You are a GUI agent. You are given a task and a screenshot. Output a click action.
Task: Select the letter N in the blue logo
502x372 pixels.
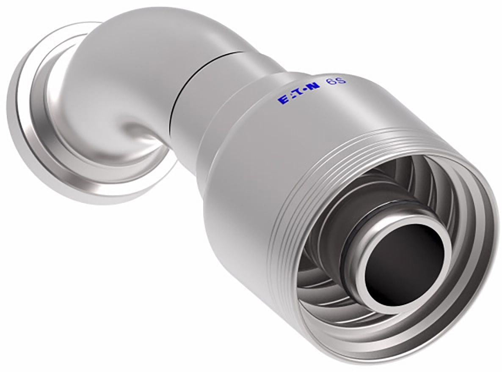[x=314, y=88]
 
